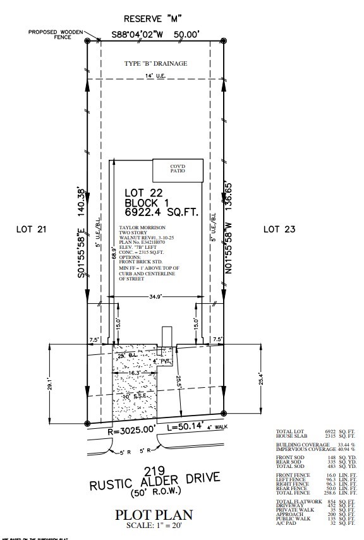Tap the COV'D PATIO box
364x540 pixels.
[178, 170]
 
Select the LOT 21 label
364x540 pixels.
[32, 229]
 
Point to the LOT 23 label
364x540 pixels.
[279, 229]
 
